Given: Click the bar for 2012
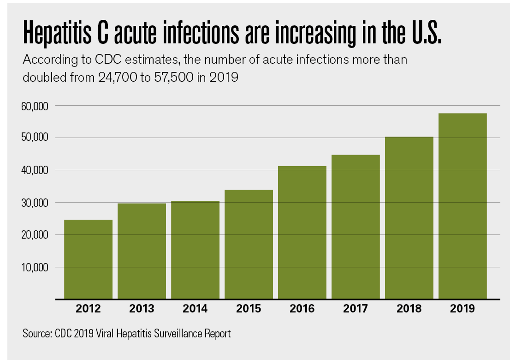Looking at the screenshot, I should coord(88,259).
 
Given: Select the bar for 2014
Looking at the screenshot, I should coord(195,250).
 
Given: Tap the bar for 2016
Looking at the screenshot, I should coord(302,233).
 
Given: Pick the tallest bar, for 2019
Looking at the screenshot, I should coord(463,206).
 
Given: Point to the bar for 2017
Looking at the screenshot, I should coord(356,227).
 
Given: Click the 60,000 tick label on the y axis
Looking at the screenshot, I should coord(35,106).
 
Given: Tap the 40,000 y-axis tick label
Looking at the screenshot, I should coord(35,170).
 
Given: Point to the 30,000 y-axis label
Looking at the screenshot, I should coord(35,203).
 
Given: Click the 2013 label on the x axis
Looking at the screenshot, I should coord(142,309).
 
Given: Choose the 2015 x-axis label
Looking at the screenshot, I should coord(249,309).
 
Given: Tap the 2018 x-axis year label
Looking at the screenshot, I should coord(409,309).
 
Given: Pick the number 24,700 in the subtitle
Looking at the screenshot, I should coord(117,78).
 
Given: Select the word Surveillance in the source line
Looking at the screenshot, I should coord(177,333).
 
